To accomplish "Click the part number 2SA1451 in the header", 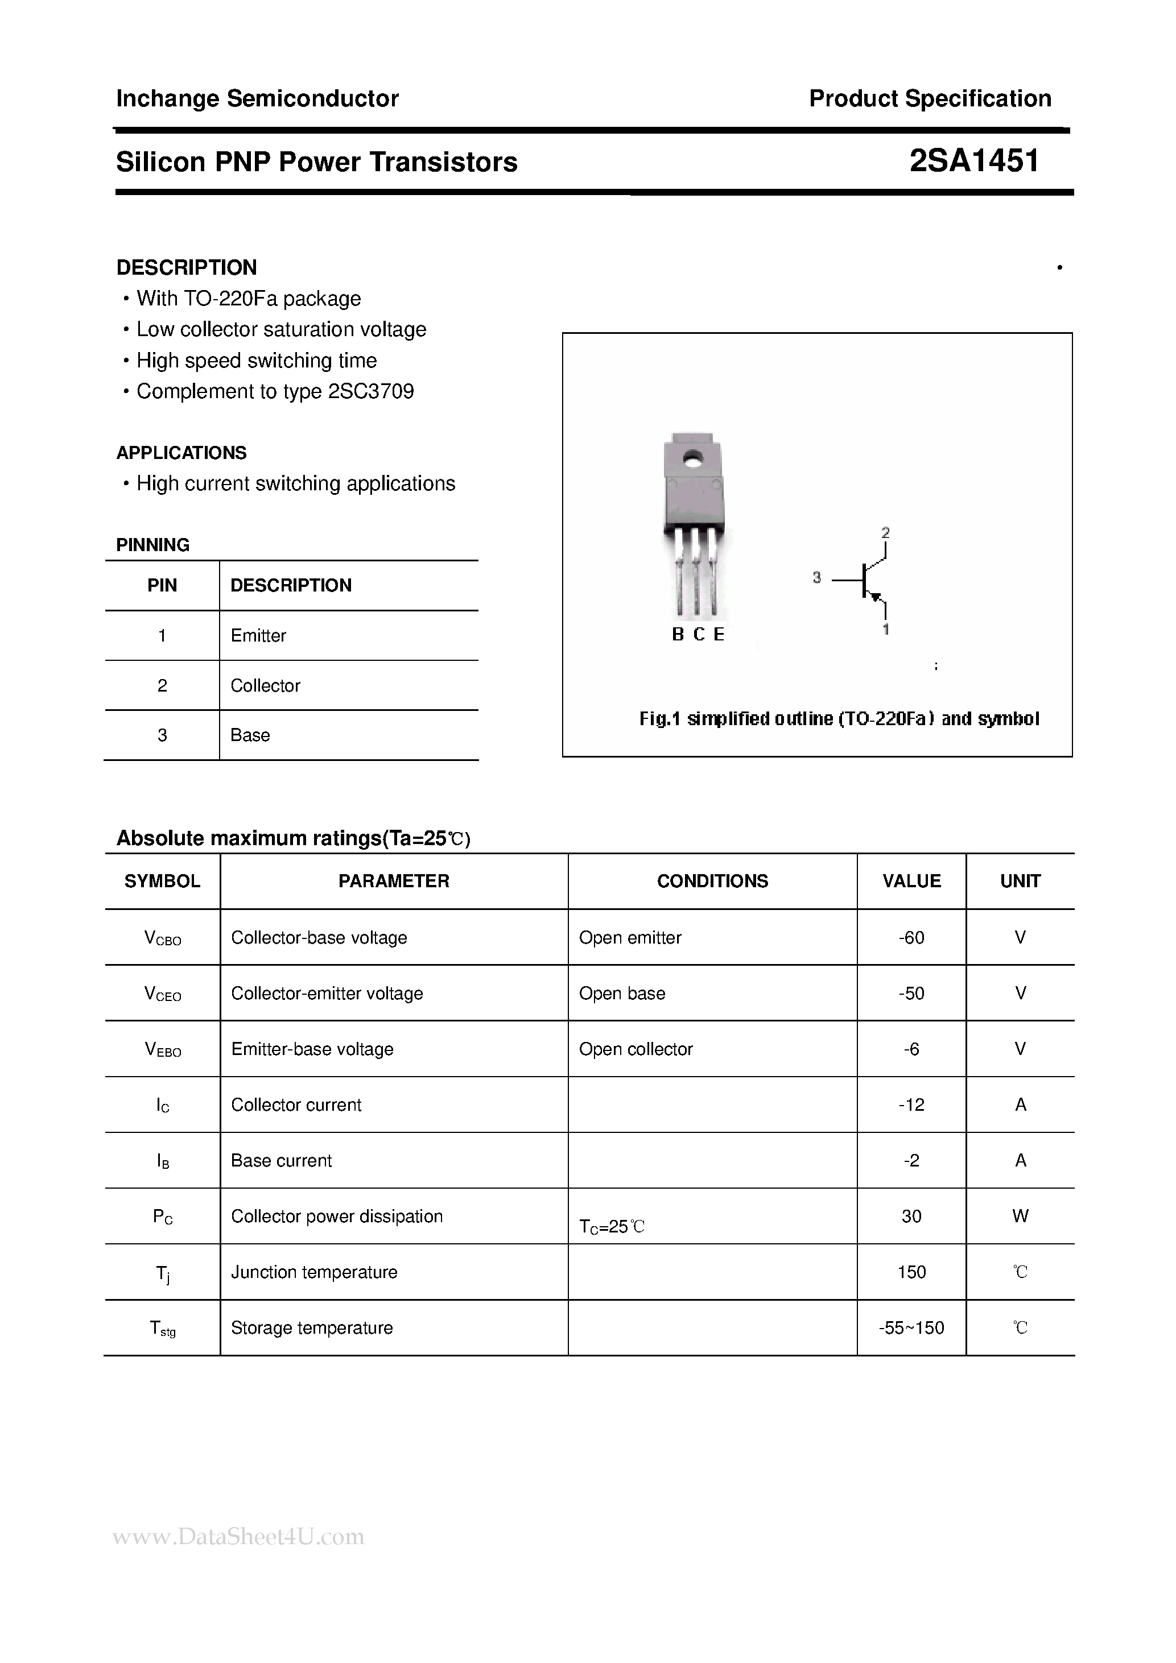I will (974, 161).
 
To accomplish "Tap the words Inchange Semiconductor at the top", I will (257, 98).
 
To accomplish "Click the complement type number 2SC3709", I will (371, 391).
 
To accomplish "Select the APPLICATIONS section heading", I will (181, 453).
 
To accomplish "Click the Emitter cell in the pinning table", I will (258, 635).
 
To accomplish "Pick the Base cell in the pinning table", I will (250, 735).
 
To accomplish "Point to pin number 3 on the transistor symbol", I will (816, 577).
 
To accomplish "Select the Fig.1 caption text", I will (839, 718).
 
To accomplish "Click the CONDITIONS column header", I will (712, 881).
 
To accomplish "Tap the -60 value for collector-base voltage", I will (911, 937).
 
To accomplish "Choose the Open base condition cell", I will (622, 993).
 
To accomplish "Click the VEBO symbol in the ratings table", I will (163, 1049).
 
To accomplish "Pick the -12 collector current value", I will (911, 1104).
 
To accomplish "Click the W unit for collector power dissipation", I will (1020, 1216).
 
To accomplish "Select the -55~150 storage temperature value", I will (911, 1327).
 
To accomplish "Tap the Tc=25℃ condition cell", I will (612, 1226).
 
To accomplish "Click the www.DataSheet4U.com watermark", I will (238, 1536).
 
